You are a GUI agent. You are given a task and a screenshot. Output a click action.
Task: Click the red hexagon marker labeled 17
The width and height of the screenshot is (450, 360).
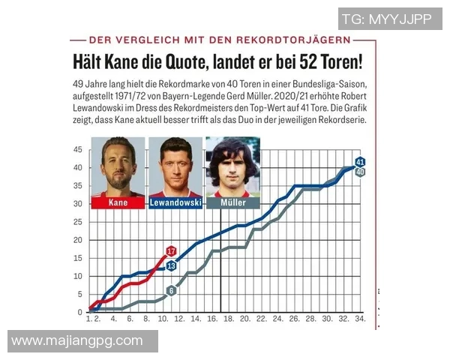coord(171,251)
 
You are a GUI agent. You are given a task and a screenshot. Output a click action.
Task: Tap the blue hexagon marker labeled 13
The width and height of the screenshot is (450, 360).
coord(171,265)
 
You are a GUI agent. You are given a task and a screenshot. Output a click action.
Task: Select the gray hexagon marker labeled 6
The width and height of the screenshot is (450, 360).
coord(171,290)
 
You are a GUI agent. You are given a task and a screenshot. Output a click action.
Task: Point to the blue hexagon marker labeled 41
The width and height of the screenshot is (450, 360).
coord(360,162)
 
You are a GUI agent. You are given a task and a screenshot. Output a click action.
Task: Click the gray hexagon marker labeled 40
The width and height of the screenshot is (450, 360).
coord(360,172)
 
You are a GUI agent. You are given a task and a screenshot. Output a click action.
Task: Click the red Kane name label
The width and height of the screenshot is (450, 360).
coord(118,202)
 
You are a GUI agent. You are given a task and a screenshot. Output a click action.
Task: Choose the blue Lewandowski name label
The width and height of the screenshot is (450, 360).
coord(175,202)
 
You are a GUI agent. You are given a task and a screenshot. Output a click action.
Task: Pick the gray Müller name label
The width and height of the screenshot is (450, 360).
coord(232,202)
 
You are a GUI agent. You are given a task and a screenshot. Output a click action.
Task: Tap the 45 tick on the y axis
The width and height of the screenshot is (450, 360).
coord(78,149)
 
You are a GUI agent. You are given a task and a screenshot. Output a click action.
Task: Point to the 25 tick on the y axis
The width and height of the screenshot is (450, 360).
coord(78,222)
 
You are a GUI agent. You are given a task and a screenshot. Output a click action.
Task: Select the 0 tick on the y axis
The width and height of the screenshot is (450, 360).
coord(80,312)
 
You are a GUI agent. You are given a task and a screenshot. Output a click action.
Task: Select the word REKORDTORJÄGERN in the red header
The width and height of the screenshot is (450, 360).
coord(294,39)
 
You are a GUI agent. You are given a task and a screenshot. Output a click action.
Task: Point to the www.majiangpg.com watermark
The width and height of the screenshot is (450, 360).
coord(77,341)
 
